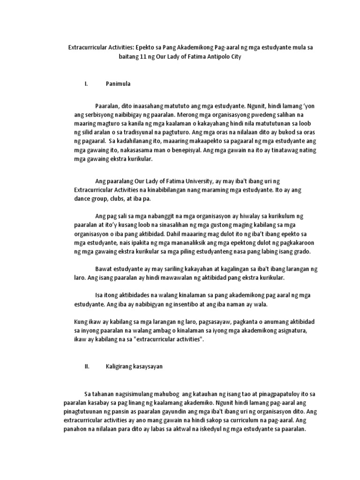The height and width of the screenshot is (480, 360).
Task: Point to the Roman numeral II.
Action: coord(87,367)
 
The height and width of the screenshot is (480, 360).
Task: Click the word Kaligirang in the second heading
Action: coord(120,367)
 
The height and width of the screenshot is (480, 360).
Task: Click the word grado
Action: coord(300,251)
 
